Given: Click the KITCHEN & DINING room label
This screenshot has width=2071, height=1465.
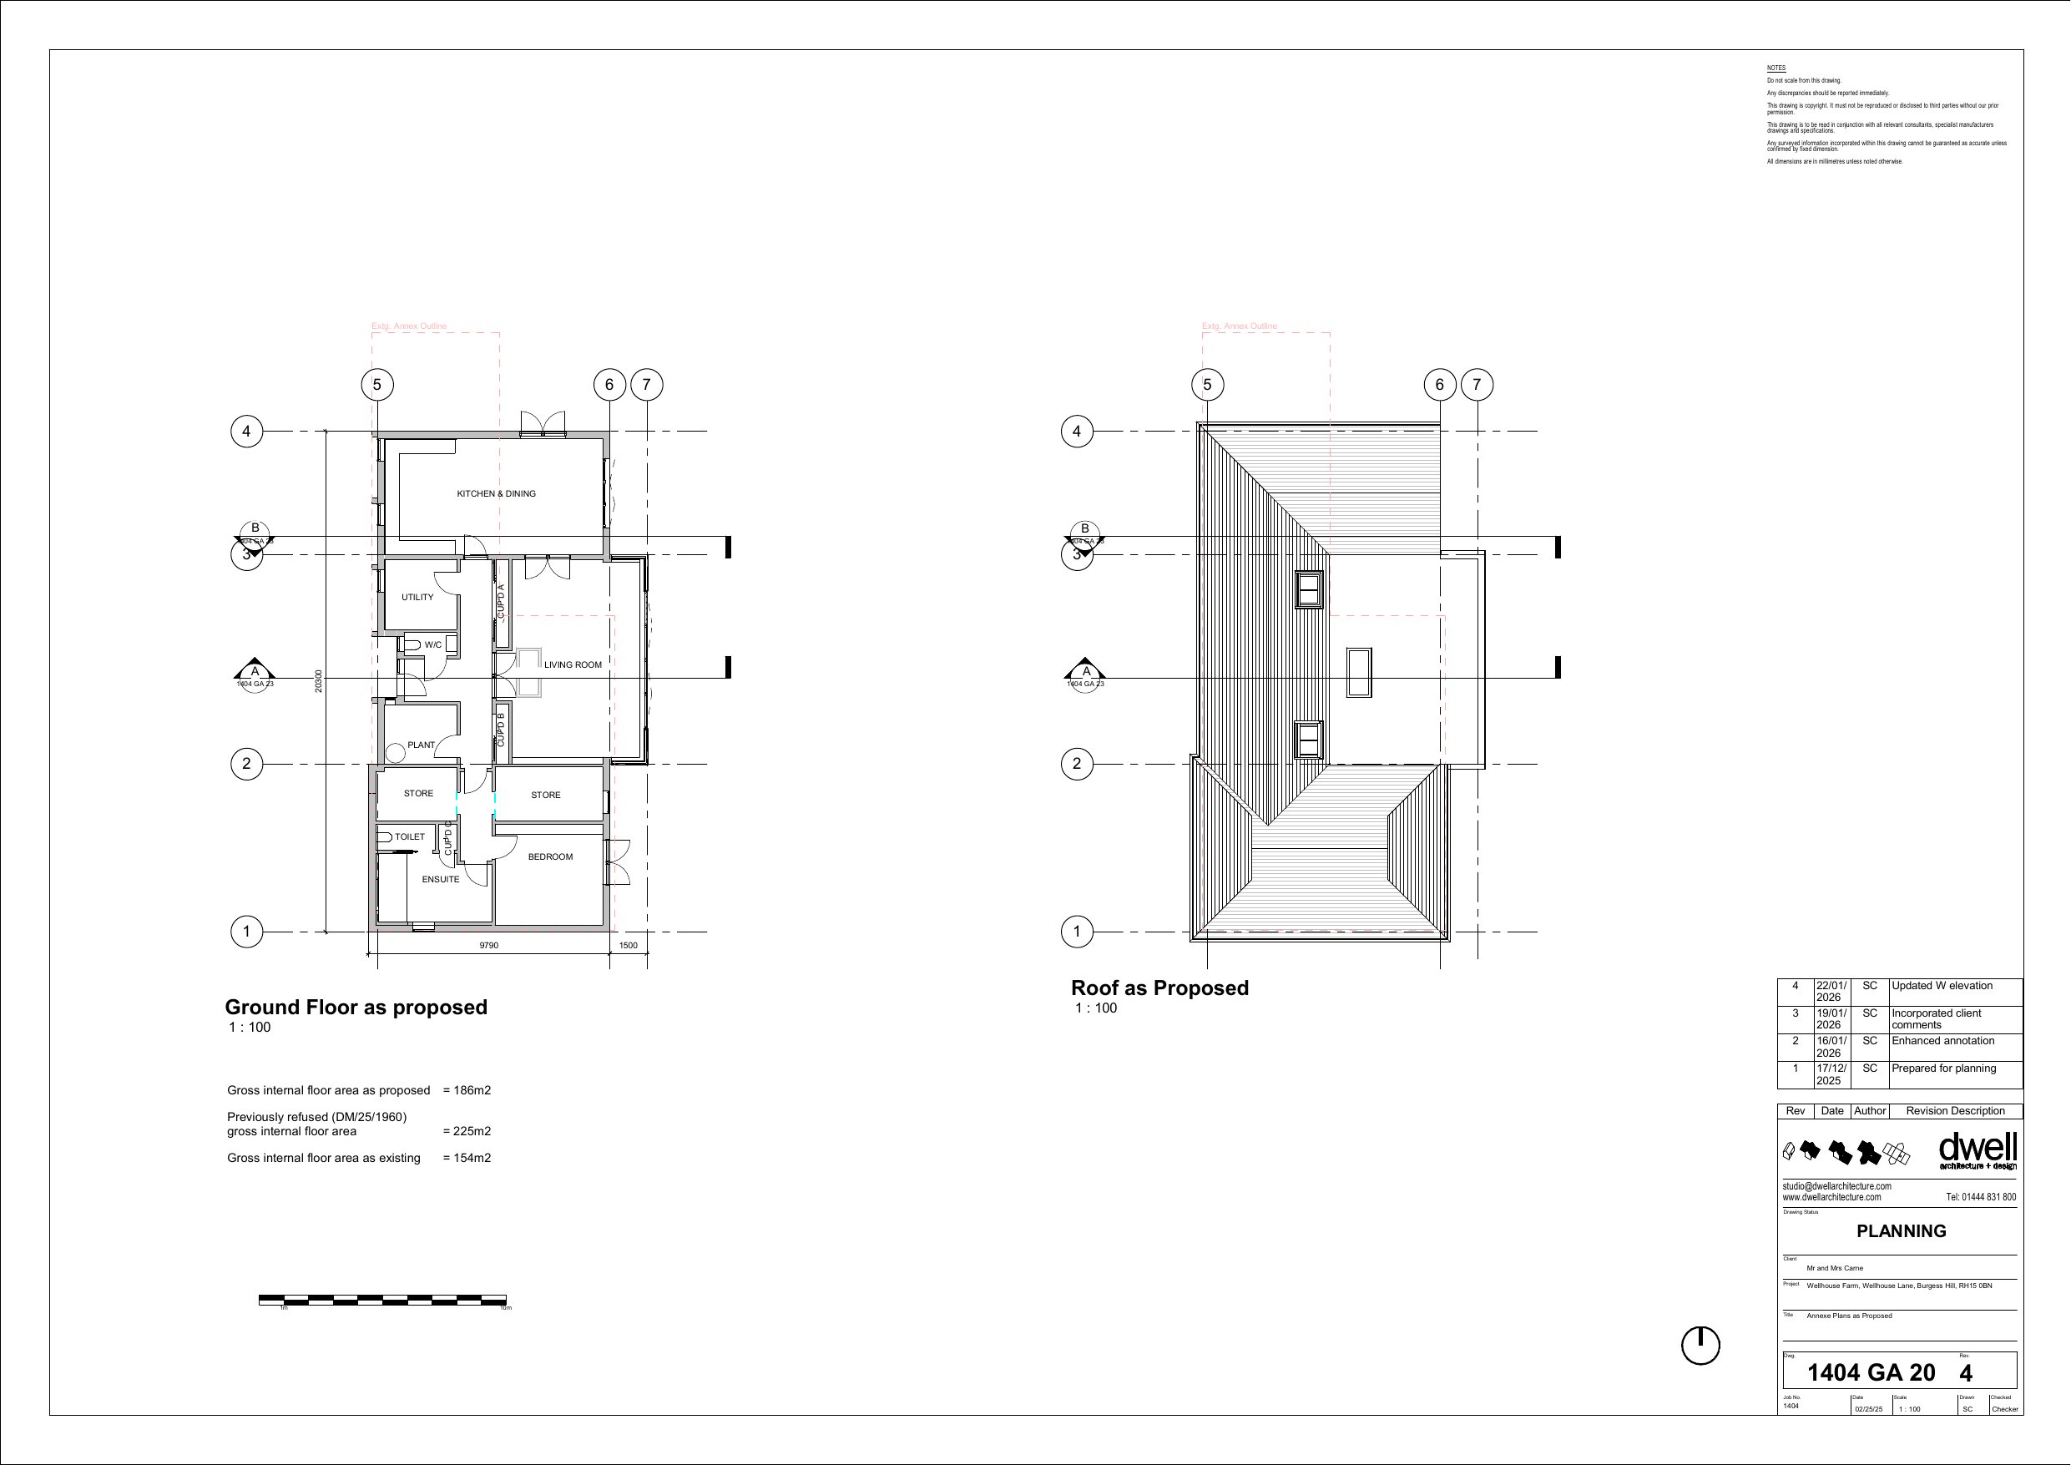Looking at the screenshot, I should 496,493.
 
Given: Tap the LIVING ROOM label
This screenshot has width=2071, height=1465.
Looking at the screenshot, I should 572,664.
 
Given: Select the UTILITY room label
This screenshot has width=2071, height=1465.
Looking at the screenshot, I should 417,597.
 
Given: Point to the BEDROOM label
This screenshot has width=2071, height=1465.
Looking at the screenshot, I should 550,857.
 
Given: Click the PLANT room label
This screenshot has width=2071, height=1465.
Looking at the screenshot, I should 421,745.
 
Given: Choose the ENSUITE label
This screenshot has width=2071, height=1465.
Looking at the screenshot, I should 440,880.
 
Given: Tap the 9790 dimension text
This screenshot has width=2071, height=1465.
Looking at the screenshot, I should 488,946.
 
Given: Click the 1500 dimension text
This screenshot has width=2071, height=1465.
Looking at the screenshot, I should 628,946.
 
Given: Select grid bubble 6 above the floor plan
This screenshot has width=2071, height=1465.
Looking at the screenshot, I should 609,385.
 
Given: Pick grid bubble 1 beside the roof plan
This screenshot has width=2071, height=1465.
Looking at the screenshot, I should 1076,931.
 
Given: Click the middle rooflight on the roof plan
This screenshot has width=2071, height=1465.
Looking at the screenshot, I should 1358,672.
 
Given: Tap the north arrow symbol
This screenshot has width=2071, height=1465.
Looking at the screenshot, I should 1700,1346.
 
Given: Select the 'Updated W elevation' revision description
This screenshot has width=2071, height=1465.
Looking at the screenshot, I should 1942,986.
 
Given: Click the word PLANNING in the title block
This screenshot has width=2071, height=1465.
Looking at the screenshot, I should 1901,1231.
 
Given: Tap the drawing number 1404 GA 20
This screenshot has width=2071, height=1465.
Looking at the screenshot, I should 1871,1373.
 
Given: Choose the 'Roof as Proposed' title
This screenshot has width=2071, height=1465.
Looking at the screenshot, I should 1159,988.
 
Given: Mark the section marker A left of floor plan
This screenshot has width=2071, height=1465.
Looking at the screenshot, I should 255,671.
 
